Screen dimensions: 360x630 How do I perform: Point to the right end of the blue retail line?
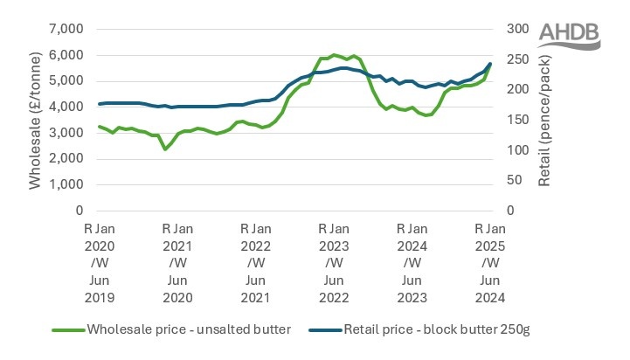(x=490, y=64)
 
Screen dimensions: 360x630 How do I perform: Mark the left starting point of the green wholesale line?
(x=99, y=127)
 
